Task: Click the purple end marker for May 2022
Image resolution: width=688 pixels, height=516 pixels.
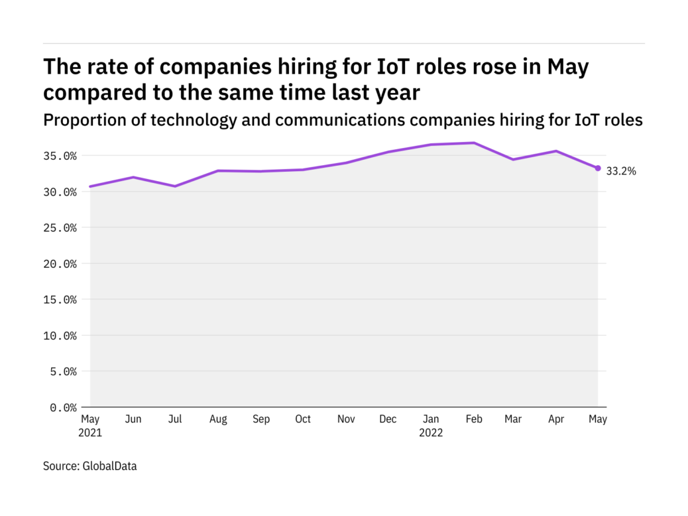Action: pos(598,168)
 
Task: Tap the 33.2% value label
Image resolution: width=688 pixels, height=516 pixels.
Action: pos(621,171)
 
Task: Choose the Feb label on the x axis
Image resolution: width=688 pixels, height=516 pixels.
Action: pos(473,419)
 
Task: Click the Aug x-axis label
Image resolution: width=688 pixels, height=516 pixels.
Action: pos(218,419)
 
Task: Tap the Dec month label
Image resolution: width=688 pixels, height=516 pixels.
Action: pos(388,419)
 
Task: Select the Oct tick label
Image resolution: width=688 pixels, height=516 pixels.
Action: pos(303,419)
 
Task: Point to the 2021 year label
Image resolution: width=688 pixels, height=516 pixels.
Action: pos(91,432)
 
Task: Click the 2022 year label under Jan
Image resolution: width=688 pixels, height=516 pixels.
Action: pos(431,432)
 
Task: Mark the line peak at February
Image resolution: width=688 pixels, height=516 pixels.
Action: pos(474,143)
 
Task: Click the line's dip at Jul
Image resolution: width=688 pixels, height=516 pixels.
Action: pos(175,186)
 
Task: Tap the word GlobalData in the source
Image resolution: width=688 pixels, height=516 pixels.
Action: pos(109,466)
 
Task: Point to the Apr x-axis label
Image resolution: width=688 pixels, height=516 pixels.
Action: pos(555,419)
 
